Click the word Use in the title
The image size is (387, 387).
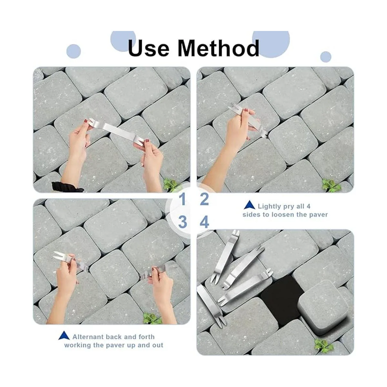[x=148, y=48]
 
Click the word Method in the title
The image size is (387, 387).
[x=218, y=48]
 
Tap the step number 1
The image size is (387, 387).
[x=183, y=199]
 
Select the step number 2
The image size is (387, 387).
[x=204, y=199]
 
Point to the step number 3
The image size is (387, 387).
[x=183, y=222]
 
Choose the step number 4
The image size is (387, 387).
[x=204, y=222]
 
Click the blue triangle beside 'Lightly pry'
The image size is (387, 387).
[x=249, y=205]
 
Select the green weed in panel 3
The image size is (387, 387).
[x=152, y=318]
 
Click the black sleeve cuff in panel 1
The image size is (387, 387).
[x=66, y=187]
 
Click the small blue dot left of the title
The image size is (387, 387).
[x=74, y=51]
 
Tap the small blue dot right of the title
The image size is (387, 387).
[x=325, y=57]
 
